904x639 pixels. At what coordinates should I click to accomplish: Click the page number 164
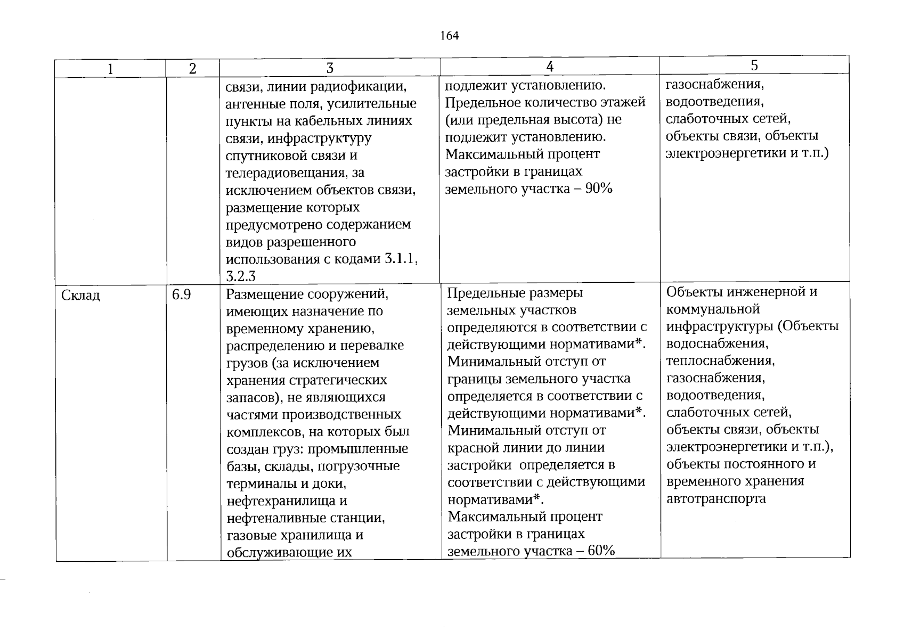coord(450,36)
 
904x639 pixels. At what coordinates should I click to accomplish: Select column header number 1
coord(110,69)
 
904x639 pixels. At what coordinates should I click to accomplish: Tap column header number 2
coord(193,69)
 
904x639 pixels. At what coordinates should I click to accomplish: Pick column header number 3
coord(330,68)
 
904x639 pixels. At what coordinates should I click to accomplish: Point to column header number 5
coord(754,65)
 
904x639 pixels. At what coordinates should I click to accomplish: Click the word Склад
coord(80,295)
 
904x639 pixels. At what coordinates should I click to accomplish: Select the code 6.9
coord(182,294)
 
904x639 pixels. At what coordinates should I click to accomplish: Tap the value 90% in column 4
coord(599,189)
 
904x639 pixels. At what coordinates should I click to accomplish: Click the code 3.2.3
coord(241,276)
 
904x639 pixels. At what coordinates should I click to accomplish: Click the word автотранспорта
coord(716,498)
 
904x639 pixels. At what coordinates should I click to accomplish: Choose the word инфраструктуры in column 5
coord(719,326)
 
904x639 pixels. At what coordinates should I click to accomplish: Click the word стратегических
coord(338,380)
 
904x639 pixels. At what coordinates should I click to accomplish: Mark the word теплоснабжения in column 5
coord(720,361)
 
